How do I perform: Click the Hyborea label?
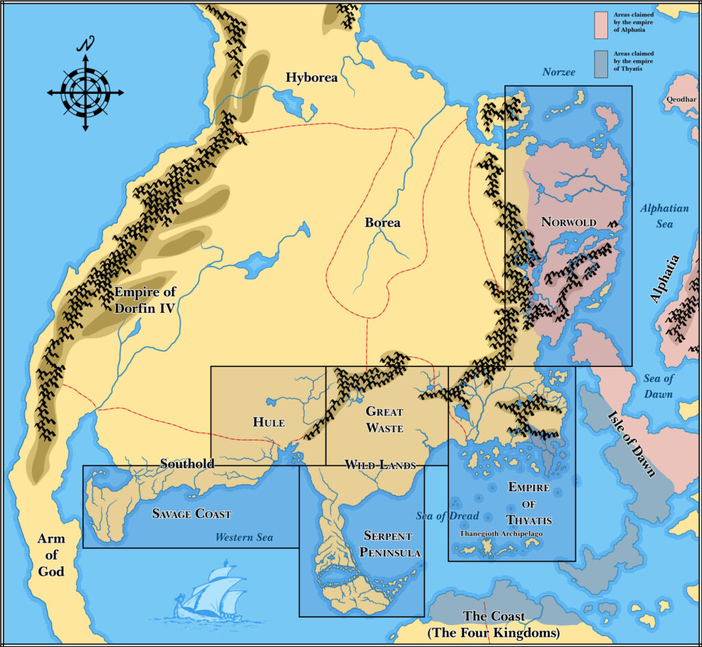pos(312,78)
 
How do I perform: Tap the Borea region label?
pos(383,222)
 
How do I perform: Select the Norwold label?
pos(568,222)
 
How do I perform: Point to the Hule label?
pos(268,422)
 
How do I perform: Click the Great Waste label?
pos(384,419)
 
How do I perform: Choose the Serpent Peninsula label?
pos(387,544)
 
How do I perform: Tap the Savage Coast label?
pos(191,513)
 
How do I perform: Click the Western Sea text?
pos(244,537)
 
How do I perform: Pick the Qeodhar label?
pos(680,99)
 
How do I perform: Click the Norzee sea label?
pos(559,72)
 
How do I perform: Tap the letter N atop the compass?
pos(86,45)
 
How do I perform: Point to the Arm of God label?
pos(51,555)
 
